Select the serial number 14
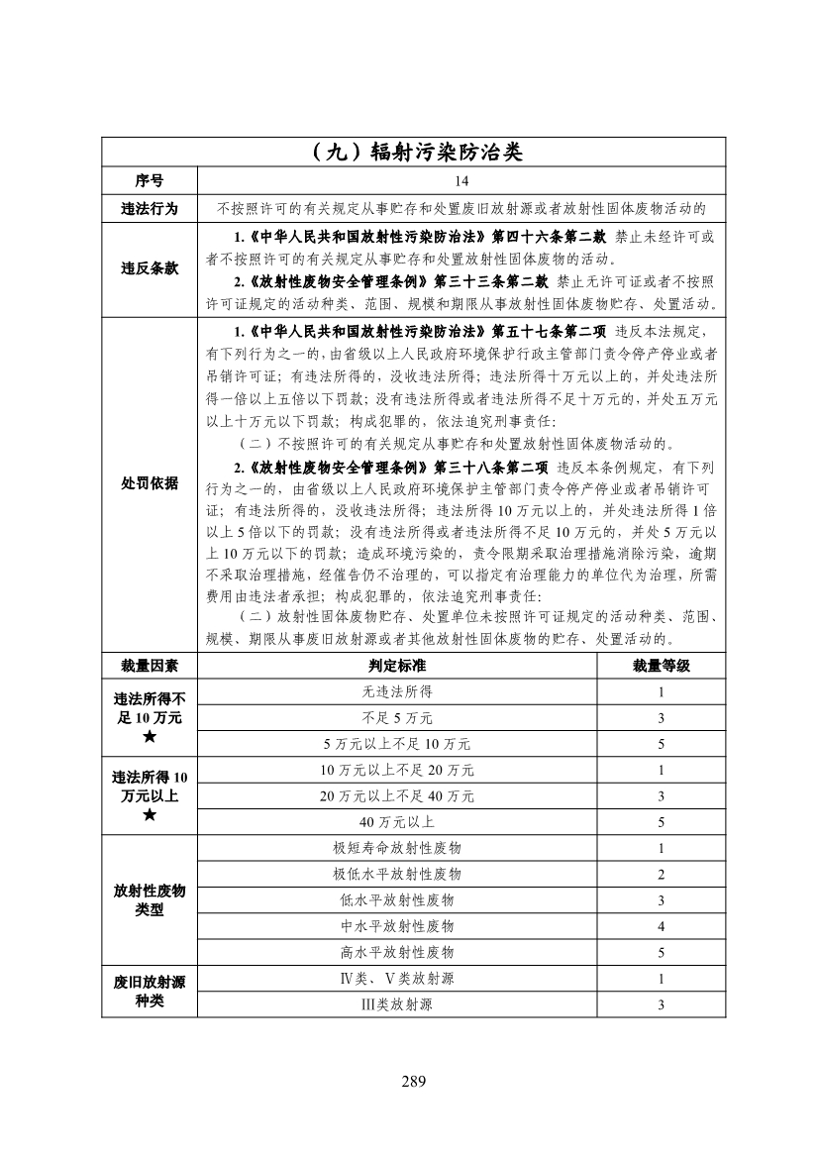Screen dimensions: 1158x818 (x=461, y=181)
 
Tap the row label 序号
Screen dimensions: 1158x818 (x=150, y=181)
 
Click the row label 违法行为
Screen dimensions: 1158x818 (x=150, y=208)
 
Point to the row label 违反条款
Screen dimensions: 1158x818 (x=150, y=268)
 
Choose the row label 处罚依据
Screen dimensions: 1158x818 (x=150, y=482)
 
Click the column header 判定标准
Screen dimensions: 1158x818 (x=397, y=665)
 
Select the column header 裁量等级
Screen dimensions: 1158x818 (x=661, y=665)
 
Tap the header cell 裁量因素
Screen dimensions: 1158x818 (x=150, y=665)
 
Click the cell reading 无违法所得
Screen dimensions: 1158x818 (x=397, y=691)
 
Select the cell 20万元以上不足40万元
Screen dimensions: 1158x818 (x=397, y=795)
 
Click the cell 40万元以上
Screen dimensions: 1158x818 (x=397, y=822)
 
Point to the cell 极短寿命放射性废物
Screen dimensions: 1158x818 (x=397, y=848)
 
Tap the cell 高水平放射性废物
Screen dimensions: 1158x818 (x=397, y=952)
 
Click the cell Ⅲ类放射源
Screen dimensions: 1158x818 (x=397, y=1004)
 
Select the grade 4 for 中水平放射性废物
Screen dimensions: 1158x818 (x=661, y=926)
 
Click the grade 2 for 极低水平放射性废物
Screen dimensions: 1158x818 (x=661, y=874)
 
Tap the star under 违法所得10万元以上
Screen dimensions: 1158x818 (x=150, y=815)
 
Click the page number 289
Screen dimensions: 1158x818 (x=413, y=1081)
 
